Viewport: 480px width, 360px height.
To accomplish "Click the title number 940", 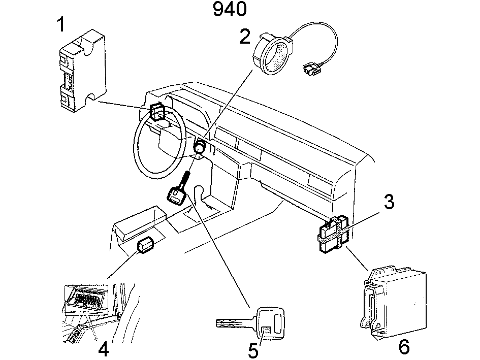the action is (230, 9).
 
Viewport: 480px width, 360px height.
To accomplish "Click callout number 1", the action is (61, 24).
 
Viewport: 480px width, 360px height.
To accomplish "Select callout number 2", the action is (245, 37).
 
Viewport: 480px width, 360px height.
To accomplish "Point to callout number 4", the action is (103, 349).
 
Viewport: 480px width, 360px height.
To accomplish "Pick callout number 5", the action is (253, 350).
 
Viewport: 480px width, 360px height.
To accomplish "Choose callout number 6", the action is (404, 347).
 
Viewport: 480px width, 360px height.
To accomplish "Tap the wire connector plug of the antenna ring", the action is (311, 70).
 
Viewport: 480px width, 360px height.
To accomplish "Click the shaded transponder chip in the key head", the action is (266, 331).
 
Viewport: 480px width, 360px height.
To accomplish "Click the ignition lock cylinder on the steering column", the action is (200, 148).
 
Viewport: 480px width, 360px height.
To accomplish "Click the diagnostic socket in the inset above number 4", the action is (86, 298).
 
